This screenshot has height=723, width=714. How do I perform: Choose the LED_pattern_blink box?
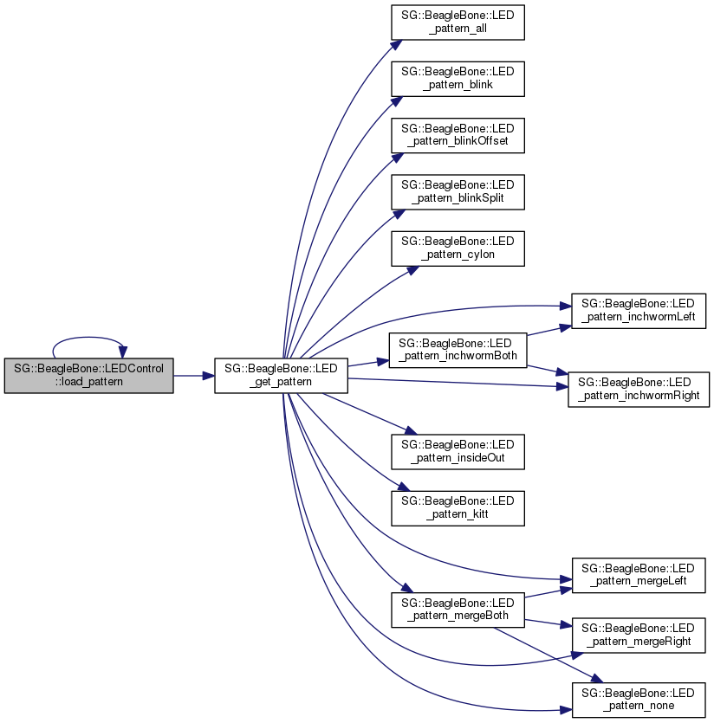(x=457, y=78)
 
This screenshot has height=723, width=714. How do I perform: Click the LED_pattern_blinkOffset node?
(x=457, y=134)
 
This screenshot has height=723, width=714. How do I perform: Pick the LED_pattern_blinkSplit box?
(x=457, y=190)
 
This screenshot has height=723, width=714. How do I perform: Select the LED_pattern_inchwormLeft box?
(x=638, y=312)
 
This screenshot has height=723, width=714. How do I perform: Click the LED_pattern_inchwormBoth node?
(x=457, y=348)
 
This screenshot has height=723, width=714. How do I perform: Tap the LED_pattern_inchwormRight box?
(x=638, y=389)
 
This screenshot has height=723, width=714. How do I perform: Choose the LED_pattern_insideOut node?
(x=457, y=450)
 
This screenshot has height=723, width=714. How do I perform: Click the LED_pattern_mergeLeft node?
(x=638, y=575)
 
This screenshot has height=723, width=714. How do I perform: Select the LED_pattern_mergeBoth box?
(x=457, y=609)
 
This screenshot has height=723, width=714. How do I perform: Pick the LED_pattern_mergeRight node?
(x=638, y=636)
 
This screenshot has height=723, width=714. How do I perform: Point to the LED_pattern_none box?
(x=638, y=698)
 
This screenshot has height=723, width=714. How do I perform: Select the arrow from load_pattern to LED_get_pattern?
(x=193, y=376)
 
